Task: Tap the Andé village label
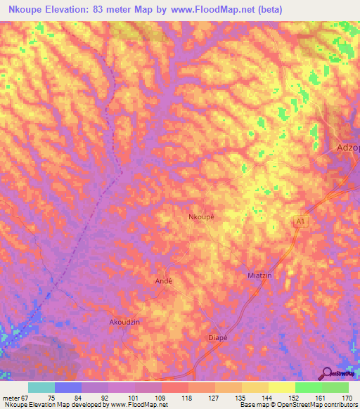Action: (x=163, y=280)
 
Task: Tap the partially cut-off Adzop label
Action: (x=347, y=148)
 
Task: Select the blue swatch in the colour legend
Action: (x=68, y=387)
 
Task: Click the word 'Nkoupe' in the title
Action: (x=23, y=10)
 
